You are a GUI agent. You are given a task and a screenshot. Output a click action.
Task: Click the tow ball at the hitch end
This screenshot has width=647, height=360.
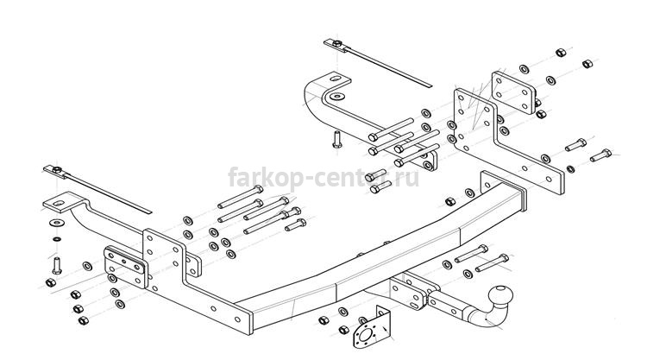[501, 296]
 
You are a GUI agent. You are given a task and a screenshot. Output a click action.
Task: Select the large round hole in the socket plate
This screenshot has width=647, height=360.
[365, 335]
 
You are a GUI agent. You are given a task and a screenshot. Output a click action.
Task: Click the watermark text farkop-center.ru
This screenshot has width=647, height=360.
[323, 178]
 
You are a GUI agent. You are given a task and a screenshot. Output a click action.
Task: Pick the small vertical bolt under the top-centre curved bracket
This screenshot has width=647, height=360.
[336, 139]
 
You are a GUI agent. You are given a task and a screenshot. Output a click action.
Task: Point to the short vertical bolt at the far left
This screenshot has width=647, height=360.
[57, 265]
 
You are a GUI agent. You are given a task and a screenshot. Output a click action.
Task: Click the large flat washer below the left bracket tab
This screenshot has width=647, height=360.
[57, 224]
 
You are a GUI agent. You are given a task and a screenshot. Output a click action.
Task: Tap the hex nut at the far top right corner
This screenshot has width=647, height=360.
[587, 64]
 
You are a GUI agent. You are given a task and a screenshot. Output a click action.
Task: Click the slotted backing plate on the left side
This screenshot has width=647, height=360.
[125, 266]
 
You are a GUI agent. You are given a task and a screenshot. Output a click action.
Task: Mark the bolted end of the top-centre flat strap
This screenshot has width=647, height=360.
[336, 44]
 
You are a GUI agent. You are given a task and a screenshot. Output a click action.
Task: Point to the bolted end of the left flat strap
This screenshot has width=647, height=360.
[56, 170]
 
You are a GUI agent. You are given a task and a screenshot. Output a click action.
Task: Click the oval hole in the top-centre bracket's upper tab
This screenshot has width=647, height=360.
[335, 79]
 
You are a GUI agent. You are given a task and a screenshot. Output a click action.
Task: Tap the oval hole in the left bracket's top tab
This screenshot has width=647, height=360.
[58, 203]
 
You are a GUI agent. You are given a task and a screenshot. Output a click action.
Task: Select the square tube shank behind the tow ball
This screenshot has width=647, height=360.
[447, 303]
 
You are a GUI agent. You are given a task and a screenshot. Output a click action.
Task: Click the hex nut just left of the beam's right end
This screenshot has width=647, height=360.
[450, 202]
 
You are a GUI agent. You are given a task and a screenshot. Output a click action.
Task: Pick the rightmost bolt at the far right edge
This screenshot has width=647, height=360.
[600, 155]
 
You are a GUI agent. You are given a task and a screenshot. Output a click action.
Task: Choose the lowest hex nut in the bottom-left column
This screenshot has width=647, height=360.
[83, 321]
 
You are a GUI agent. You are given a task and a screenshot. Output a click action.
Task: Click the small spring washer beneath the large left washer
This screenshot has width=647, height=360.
[57, 239]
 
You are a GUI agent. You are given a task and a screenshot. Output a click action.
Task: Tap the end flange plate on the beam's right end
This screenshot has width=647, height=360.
[504, 190]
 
